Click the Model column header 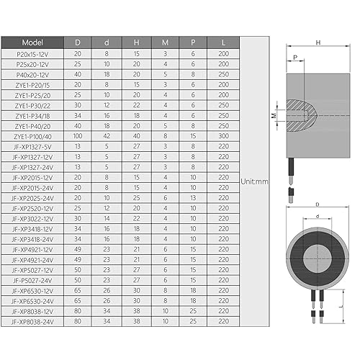coord(32,42)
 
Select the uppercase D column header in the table coord(78,42)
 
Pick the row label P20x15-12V coord(32,54)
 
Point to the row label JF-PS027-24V coord(32,279)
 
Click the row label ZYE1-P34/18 coord(32,114)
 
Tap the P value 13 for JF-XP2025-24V coord(192,197)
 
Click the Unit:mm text coord(253,181)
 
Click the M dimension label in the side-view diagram coord(274,114)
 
